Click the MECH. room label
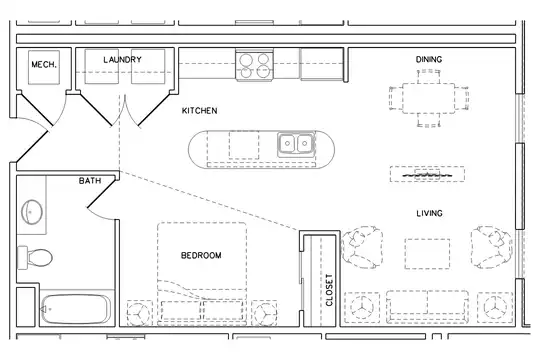tap(44, 64)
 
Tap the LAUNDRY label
tap(123, 60)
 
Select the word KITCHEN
tap(199, 111)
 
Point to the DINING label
tap(429, 59)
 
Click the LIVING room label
tap(429, 213)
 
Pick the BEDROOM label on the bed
tap(201, 255)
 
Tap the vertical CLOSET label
tap(329, 290)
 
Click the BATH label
tap(90, 181)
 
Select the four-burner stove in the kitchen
tap(255, 65)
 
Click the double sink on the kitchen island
tap(295, 143)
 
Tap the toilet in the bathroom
tap(35, 257)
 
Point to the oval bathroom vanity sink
tap(32, 212)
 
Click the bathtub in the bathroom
tap(76, 309)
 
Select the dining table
tap(428, 98)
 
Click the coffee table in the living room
tap(427, 254)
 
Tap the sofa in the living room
tap(427, 307)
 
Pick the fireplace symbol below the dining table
tap(427, 174)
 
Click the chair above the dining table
tap(428, 76)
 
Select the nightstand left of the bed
tap(139, 313)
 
